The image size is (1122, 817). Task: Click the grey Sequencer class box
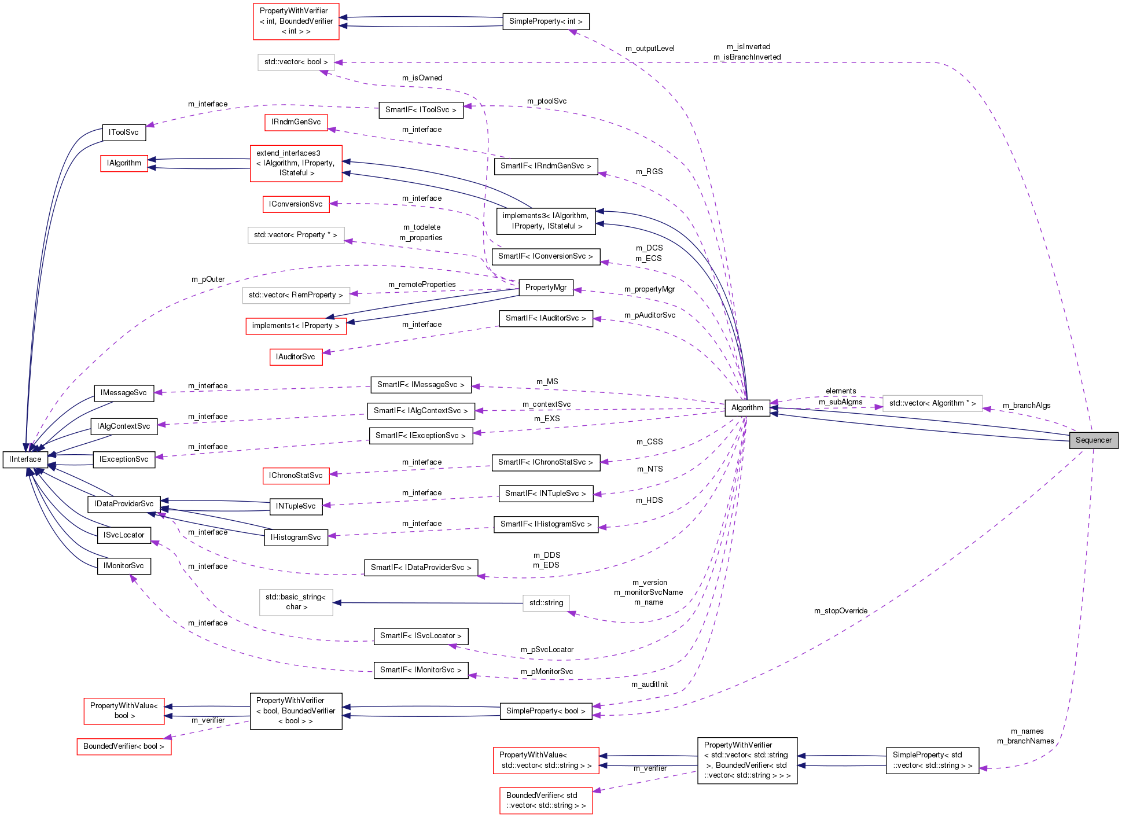(1093, 440)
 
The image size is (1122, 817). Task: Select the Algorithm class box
(747, 408)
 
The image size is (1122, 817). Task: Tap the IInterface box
(25, 459)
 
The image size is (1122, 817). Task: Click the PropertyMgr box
(546, 288)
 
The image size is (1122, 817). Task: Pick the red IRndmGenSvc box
(296, 122)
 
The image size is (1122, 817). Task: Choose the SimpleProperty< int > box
(546, 21)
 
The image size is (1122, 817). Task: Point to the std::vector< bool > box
(296, 62)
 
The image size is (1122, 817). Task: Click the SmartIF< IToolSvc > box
(421, 110)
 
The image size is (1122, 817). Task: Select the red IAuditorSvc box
(295, 357)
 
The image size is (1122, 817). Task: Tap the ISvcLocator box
(124, 535)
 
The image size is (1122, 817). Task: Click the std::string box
(546, 603)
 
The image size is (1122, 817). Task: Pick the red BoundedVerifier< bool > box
(124, 746)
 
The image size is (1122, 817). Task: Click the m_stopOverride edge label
(840, 611)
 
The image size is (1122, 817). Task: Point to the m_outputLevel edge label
(650, 49)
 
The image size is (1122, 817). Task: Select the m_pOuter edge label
(208, 279)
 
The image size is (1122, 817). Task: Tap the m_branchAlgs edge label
(1026, 406)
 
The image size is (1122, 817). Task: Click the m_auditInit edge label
(649, 684)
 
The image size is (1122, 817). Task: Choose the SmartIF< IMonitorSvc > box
(421, 670)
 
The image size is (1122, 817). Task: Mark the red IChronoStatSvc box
(296, 476)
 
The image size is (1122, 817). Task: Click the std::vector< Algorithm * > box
(932, 403)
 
